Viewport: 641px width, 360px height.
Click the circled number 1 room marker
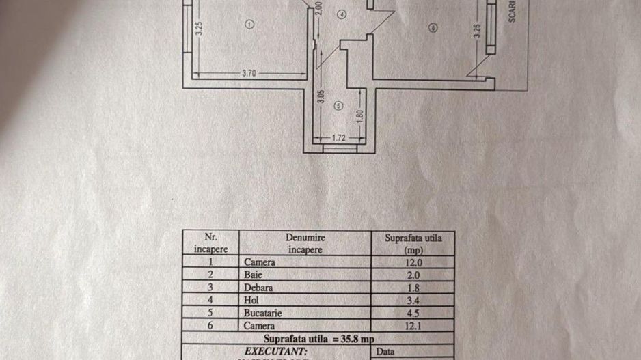tap(249, 24)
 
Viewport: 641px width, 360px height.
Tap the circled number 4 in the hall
tap(342, 14)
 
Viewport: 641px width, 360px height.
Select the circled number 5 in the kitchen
tap(339, 106)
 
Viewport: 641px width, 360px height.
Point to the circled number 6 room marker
tap(433, 27)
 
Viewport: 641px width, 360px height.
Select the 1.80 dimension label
tap(360, 115)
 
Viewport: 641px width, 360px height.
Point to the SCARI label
tap(512, 12)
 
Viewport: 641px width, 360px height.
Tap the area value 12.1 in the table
tap(413, 326)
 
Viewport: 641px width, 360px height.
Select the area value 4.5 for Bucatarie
tap(413, 313)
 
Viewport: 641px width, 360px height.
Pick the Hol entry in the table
tap(251, 300)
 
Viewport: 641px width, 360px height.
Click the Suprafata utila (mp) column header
tap(413, 243)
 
